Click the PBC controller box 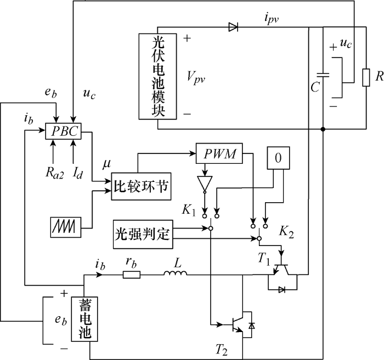tap(63, 131)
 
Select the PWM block tap(219, 153)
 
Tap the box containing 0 tap(278, 158)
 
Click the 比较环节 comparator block tap(141, 186)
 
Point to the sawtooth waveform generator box tap(66, 227)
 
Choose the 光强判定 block tap(143, 235)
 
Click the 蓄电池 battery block tap(84, 319)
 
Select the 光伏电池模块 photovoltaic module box tap(158, 76)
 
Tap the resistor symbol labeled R tap(366, 77)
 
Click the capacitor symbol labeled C tap(323, 75)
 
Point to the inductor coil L tap(176, 272)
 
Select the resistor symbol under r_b tap(132, 275)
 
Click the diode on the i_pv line tap(233, 27)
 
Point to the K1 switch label tap(189, 210)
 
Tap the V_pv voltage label tap(196, 77)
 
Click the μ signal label tap(107, 164)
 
